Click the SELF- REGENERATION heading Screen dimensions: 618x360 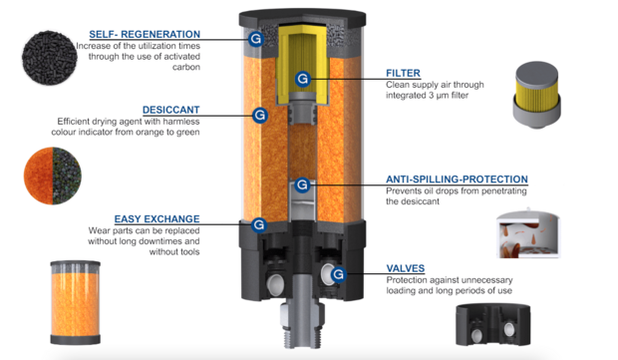click(x=145, y=34)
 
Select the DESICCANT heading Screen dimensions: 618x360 click(x=171, y=110)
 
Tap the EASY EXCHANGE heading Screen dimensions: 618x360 click(x=156, y=218)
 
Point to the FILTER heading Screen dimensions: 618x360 click(x=403, y=73)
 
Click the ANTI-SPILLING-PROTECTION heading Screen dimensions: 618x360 click(x=457, y=180)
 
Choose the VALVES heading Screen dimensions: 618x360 click(x=405, y=268)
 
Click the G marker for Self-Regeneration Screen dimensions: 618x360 click(x=256, y=39)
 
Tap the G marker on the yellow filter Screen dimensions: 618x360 click(x=303, y=79)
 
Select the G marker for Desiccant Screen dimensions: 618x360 click(x=260, y=115)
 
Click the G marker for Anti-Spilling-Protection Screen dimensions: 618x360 click(x=302, y=184)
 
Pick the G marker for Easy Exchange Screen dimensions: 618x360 click(x=259, y=224)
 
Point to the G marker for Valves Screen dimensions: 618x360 click(x=338, y=274)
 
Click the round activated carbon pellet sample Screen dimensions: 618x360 click(x=49, y=58)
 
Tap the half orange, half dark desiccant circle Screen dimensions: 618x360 click(x=53, y=176)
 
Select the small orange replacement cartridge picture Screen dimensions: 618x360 click(x=75, y=302)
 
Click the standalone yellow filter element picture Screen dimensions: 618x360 click(x=536, y=95)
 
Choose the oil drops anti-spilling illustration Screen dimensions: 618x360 click(x=528, y=233)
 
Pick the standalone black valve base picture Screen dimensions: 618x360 click(x=493, y=324)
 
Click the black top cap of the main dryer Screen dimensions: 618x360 click(x=302, y=18)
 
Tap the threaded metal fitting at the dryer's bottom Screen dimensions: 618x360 click(x=302, y=325)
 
